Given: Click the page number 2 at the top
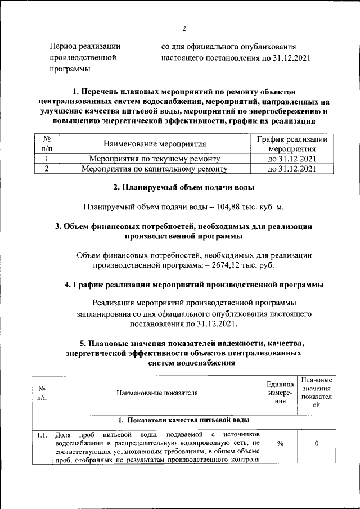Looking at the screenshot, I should coord(183,29).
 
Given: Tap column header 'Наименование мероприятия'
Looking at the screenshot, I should coord(154,145).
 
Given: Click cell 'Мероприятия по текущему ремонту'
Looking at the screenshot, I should coord(154,159).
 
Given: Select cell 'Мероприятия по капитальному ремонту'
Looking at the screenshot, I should coord(154,168).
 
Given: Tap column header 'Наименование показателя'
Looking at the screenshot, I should coord(157,393).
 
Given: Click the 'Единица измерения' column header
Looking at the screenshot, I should coord(280,393).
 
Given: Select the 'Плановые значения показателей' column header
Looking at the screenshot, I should coord(317,393).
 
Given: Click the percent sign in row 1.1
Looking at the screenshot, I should coord(280,444).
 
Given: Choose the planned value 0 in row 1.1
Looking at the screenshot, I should coord(317,444).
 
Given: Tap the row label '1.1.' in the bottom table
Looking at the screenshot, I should coord(42,435).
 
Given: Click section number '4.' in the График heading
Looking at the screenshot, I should coord(69,285).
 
